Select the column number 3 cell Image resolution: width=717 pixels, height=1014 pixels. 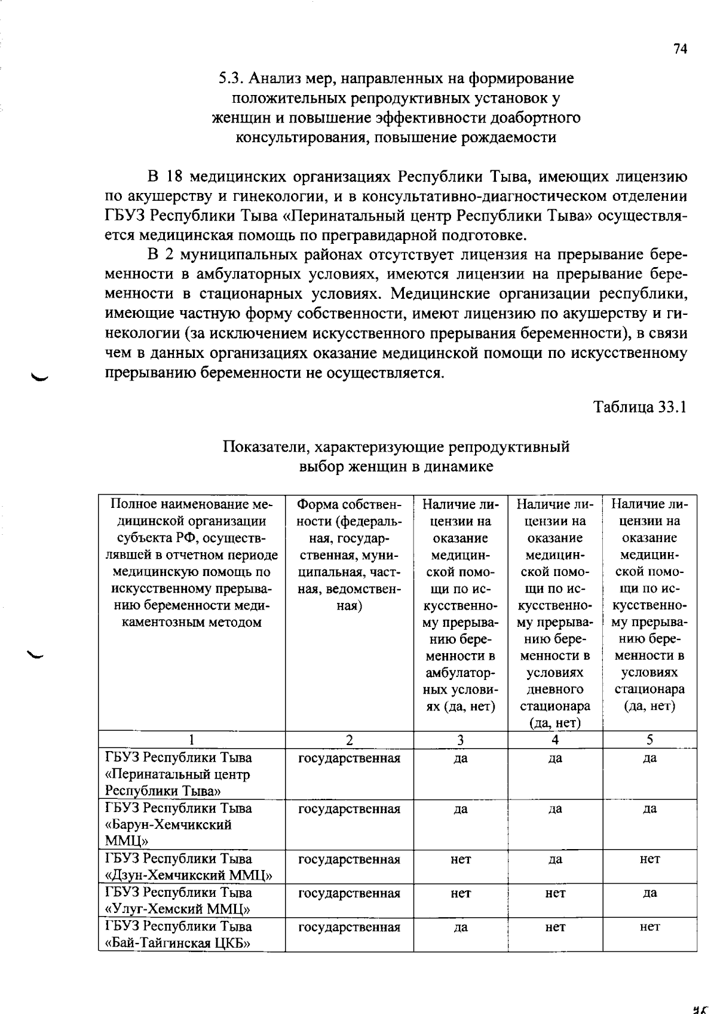(x=460, y=740)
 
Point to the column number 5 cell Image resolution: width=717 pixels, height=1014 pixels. (x=649, y=740)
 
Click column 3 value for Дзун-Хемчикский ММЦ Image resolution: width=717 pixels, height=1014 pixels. (x=460, y=859)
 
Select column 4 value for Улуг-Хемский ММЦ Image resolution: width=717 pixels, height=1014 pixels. (x=555, y=893)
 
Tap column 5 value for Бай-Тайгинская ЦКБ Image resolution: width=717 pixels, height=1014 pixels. (x=649, y=927)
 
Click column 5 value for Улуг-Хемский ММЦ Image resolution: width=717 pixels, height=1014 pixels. (x=649, y=893)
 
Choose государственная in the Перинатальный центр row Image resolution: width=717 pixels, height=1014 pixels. (x=349, y=758)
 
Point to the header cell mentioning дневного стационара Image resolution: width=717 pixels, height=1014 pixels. (x=555, y=612)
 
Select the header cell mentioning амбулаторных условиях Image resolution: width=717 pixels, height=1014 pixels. (x=460, y=605)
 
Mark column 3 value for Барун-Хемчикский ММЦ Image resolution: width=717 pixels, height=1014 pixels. (x=460, y=809)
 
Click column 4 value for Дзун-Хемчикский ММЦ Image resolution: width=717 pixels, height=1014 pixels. (x=555, y=859)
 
